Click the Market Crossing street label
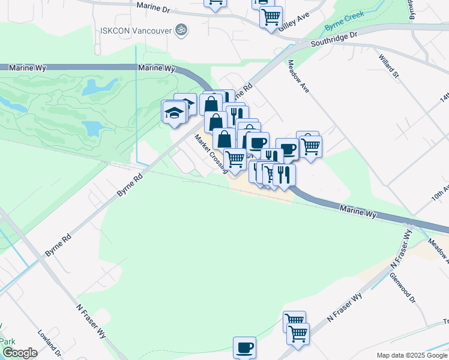(x=210, y=152)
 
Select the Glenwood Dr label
(x=402, y=287)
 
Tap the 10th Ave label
(x=440, y=195)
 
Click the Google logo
(x=20, y=353)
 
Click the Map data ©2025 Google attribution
(x=412, y=355)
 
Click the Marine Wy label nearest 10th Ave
(x=358, y=211)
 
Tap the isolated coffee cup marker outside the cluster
(x=244, y=347)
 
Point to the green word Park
(x=7, y=341)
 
